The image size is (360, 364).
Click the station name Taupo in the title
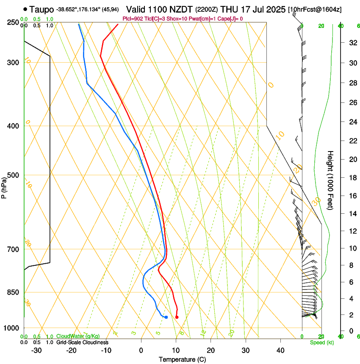pyautogui.click(x=42, y=8)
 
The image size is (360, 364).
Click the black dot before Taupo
pyautogui.click(x=26, y=8)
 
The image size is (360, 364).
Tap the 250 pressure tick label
pyautogui.click(x=14, y=22)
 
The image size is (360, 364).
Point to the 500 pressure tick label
pyautogui.click(x=14, y=175)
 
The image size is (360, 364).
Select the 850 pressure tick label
pyautogui.click(x=14, y=292)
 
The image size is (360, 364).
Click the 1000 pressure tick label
pyautogui.click(x=12, y=328)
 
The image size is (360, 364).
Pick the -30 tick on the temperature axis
pyautogui.click(x=36, y=350)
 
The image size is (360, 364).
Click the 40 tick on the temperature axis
pyautogui.click(x=280, y=350)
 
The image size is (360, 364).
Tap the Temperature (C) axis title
pyautogui.click(x=182, y=359)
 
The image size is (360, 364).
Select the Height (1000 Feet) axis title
pyautogui.click(x=331, y=180)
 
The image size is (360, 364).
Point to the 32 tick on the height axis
pyautogui.click(x=352, y=42)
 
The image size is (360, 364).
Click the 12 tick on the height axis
pyautogui.click(x=352, y=231)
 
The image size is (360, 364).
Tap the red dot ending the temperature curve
pyautogui.click(x=177, y=317)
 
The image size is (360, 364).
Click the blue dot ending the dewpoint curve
pyautogui.click(x=166, y=317)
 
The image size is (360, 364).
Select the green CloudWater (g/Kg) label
pyautogui.click(x=78, y=336)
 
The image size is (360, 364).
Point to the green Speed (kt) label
pyautogui.click(x=321, y=342)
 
